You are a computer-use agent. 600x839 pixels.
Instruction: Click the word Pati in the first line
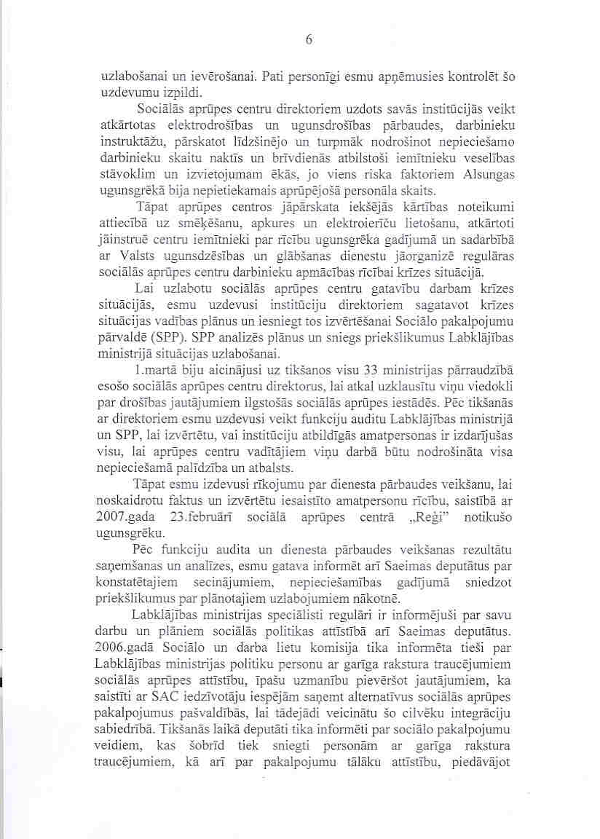click(x=275, y=75)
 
